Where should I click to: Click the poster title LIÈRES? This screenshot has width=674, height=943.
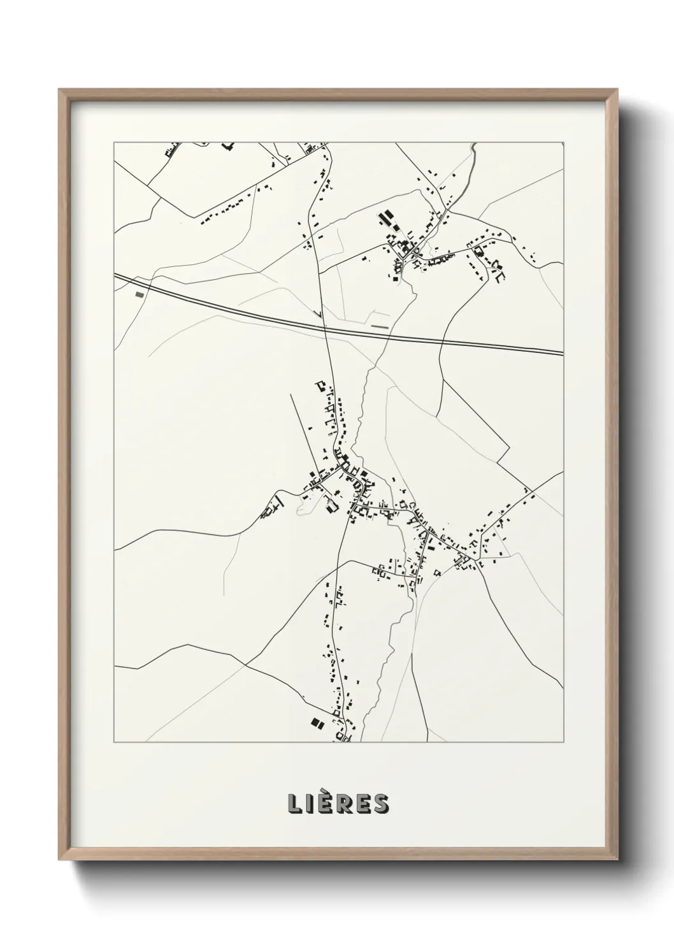pos(338,803)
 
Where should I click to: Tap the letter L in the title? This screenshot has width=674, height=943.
pos(295,803)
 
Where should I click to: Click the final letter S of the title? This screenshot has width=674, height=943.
pos(381,803)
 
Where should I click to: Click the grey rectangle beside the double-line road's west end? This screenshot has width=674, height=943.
pos(140,294)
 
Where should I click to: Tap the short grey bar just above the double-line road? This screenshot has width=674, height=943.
pos(380,326)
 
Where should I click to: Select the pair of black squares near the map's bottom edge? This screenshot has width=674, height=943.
pos(316,723)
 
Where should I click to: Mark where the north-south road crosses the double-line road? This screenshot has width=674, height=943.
pos(326,328)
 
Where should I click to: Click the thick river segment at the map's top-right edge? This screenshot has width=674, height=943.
pos(472,150)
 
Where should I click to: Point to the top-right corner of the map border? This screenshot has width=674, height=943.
pos(564,143)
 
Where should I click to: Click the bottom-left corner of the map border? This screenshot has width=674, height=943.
pos(114,742)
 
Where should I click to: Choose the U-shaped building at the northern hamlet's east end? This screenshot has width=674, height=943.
pos(499,275)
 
